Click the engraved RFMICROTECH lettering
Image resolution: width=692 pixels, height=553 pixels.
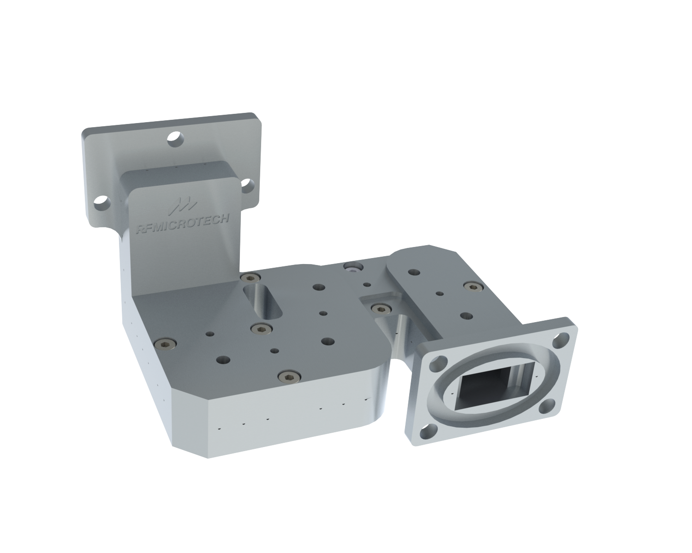pyautogui.click(x=183, y=223)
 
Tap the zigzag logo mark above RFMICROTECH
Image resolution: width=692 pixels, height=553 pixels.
pyautogui.click(x=183, y=206)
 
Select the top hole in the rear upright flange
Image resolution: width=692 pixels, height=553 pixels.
pyautogui.click(x=176, y=139)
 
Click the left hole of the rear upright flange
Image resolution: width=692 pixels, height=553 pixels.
pyautogui.click(x=102, y=203)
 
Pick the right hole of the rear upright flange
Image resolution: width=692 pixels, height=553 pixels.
pyautogui.click(x=248, y=186)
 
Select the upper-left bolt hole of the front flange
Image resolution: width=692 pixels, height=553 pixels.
pyautogui.click(x=438, y=363)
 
